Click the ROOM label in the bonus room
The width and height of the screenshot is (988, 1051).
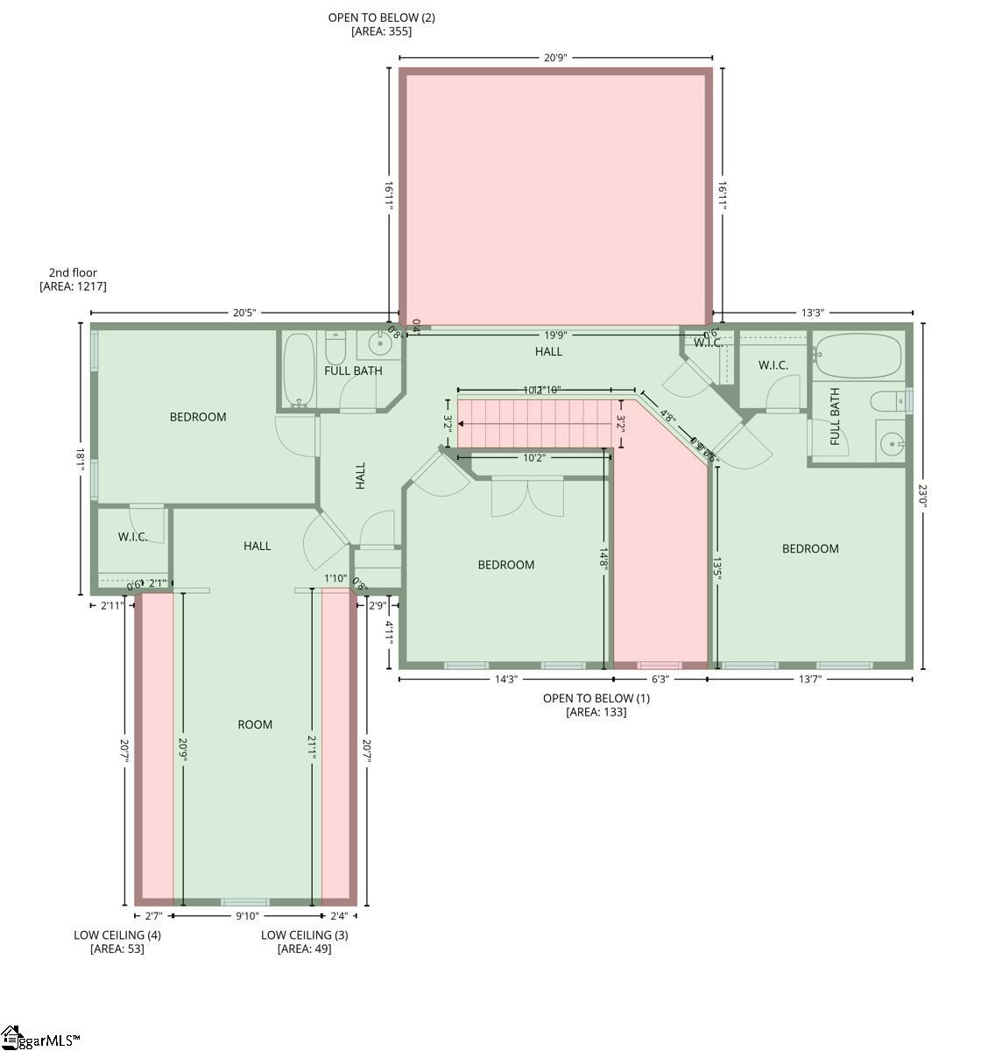tap(255, 724)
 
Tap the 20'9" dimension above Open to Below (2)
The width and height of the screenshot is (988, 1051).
tap(555, 58)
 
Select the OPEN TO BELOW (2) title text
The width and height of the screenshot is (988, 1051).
tap(381, 18)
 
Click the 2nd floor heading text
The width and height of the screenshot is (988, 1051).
tap(73, 272)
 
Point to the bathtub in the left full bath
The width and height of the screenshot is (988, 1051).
tap(299, 370)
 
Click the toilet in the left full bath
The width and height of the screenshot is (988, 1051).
tap(335, 351)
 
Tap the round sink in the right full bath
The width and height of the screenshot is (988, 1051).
tap(891, 444)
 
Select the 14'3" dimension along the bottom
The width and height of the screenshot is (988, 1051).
tap(506, 679)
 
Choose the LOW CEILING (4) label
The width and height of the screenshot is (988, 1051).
tap(117, 935)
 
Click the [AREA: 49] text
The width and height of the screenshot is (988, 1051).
tap(304, 949)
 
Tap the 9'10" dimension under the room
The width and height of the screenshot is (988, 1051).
tap(247, 916)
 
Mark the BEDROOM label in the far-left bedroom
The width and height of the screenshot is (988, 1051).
tap(198, 417)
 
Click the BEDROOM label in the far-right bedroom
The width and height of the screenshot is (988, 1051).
tap(810, 548)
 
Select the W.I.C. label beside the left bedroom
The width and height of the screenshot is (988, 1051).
tap(133, 537)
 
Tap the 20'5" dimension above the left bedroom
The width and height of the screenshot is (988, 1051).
tap(244, 313)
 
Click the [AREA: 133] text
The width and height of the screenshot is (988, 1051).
tap(596, 712)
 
